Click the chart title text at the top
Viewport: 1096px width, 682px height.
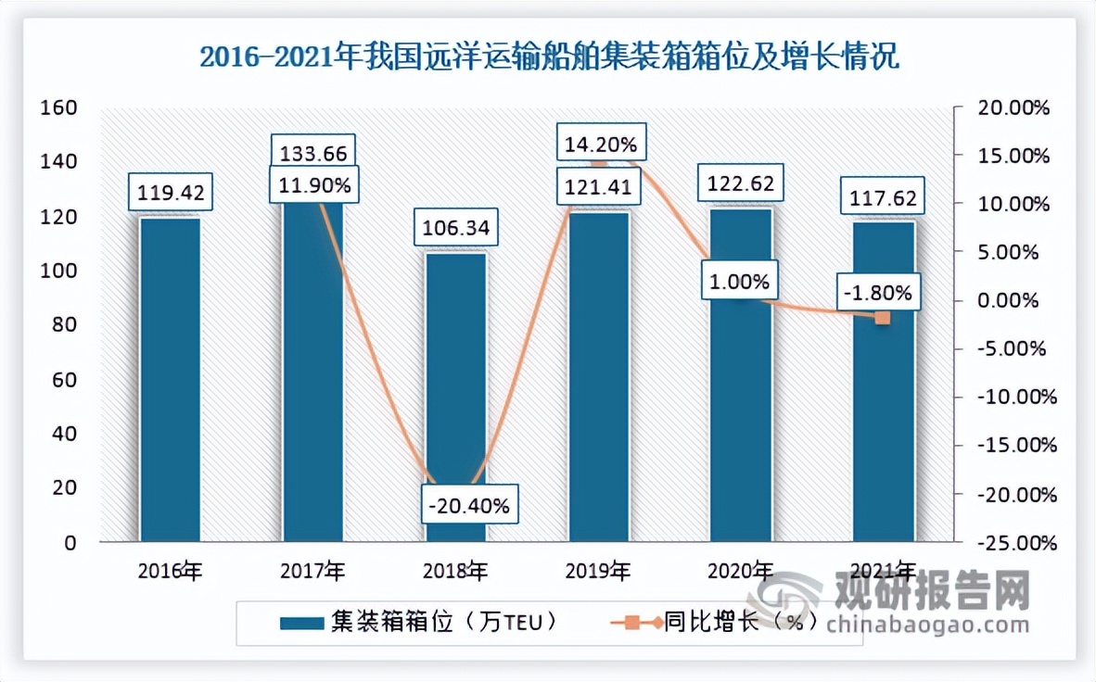(549, 59)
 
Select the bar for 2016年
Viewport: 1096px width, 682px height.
(169, 380)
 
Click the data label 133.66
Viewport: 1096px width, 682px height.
(312, 151)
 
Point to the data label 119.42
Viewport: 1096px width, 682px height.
(169, 195)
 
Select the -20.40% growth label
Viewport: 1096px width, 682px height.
(468, 507)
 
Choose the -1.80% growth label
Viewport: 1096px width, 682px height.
(877, 294)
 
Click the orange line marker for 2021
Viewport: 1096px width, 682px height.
(883, 318)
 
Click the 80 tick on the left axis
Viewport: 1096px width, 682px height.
(64, 325)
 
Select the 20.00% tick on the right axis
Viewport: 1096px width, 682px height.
(1014, 107)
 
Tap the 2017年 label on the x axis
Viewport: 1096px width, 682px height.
(312, 569)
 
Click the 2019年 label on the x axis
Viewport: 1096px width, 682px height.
(598, 569)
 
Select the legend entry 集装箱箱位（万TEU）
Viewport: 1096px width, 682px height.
(421, 622)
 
